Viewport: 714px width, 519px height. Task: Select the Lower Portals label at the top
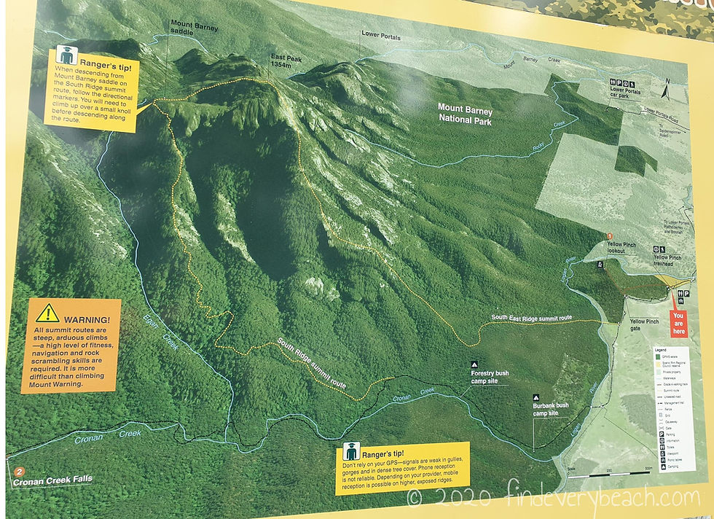[381, 34]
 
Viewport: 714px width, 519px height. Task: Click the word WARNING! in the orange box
[87, 320]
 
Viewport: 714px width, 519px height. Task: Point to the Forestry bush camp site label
[490, 377]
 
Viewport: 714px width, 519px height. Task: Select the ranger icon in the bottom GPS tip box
[350, 451]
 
